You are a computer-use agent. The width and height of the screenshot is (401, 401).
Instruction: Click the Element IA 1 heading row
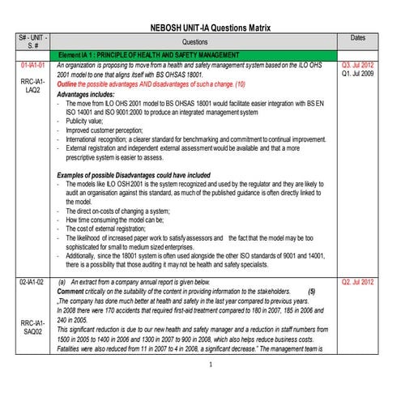click(x=154, y=53)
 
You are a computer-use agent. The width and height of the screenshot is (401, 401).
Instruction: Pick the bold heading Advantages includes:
click(x=90, y=95)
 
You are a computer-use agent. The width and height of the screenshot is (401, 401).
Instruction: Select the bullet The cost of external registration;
click(x=118, y=228)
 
